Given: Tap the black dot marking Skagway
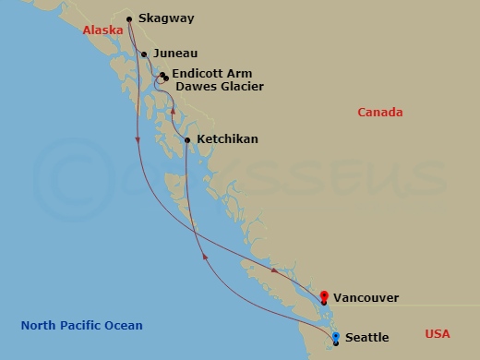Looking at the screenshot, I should click(x=129, y=18).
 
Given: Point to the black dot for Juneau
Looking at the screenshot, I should click(x=144, y=54).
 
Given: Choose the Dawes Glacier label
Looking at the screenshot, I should click(x=220, y=87).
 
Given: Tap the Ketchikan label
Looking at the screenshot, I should click(x=227, y=139).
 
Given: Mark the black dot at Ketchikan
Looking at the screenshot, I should click(x=187, y=140).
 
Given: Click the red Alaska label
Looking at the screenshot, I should click(x=102, y=30).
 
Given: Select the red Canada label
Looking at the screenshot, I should click(x=380, y=113).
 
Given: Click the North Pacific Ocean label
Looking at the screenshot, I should click(x=82, y=325).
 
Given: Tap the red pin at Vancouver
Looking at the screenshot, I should click(x=323, y=296).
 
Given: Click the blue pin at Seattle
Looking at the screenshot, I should click(x=335, y=337).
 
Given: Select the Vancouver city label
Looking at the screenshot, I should click(x=366, y=298).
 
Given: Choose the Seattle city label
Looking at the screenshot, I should click(x=366, y=338).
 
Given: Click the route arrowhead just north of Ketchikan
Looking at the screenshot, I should click(x=173, y=110).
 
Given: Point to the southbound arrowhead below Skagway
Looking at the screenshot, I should click(x=138, y=139).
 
